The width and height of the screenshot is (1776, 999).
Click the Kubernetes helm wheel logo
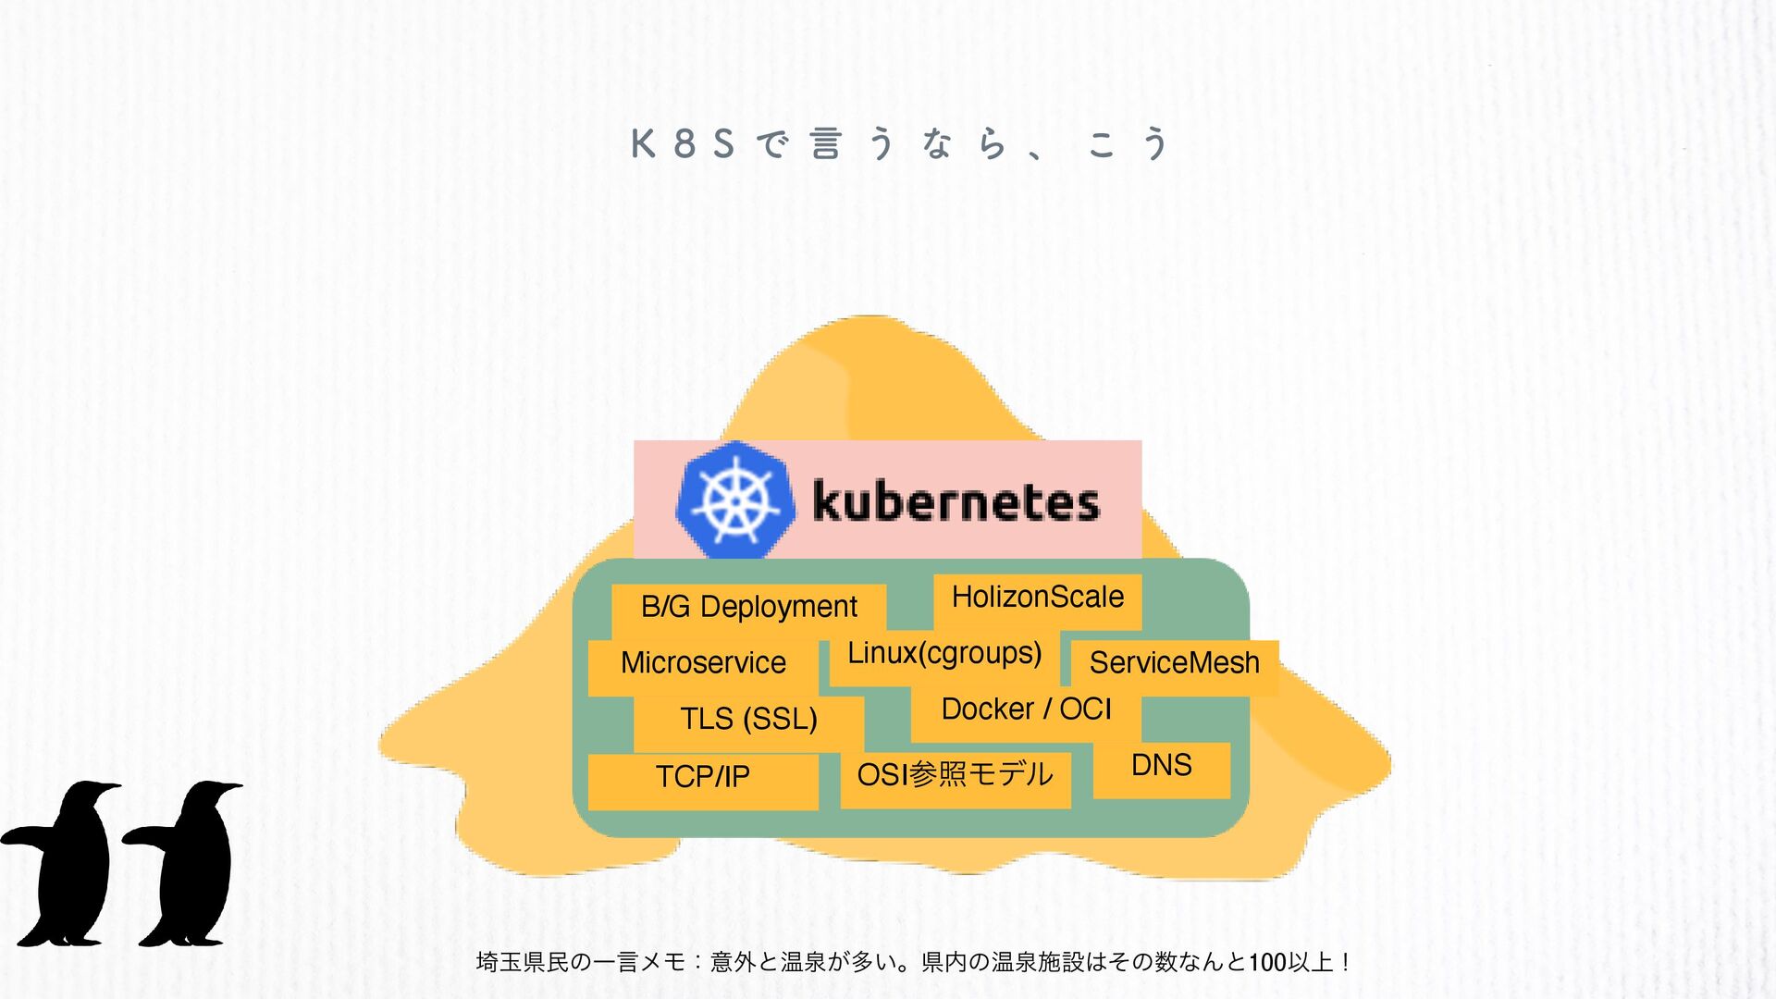pos(735,500)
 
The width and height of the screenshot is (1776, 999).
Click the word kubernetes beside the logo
pos(956,502)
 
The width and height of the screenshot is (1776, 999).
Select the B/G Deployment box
pos(748,607)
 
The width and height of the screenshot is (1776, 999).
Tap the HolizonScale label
pos(1037,598)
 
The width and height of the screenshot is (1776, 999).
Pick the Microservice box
pos(703,663)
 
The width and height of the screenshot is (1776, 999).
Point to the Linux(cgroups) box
pos(944,654)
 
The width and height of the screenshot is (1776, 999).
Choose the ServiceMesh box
pos(1174,663)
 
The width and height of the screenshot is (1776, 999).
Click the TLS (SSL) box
pos(748,719)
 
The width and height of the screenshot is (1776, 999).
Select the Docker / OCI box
pos(1026,709)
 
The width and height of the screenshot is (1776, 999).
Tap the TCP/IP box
pos(703,777)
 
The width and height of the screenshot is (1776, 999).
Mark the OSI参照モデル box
pos(955,775)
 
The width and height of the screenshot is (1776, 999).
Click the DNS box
pos(1161,766)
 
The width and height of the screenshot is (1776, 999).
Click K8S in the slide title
pos(683,144)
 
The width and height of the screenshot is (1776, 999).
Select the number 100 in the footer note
pos(1267,963)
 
